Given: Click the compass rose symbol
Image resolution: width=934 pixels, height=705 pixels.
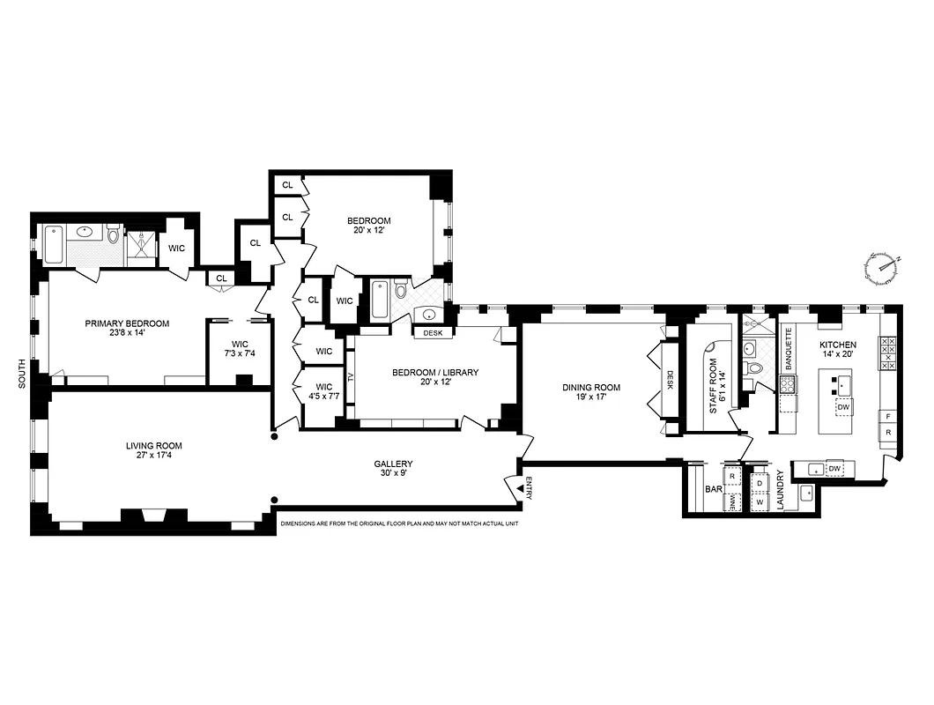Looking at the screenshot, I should pyautogui.click(x=884, y=267).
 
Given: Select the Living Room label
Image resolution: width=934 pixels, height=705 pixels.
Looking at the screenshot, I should pyautogui.click(x=153, y=451).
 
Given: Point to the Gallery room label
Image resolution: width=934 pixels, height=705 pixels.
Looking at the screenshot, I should pyautogui.click(x=393, y=470).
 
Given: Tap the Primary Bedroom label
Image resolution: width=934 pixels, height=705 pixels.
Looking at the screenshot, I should pyautogui.click(x=127, y=329).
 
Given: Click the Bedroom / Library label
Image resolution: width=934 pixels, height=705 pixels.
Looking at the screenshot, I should pyautogui.click(x=435, y=378).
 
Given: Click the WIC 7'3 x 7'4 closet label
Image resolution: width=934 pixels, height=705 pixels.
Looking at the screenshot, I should pyautogui.click(x=240, y=349).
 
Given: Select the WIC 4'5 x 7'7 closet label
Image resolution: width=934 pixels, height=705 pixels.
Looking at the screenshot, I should pyautogui.click(x=323, y=392).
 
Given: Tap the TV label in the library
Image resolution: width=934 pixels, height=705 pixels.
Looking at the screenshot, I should pyautogui.click(x=352, y=377).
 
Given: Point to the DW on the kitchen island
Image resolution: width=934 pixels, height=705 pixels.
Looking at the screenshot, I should pyautogui.click(x=843, y=408).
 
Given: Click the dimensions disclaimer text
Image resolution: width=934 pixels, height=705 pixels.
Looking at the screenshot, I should pyautogui.click(x=396, y=523).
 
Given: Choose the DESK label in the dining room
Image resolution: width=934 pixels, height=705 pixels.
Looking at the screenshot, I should pyautogui.click(x=670, y=379).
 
